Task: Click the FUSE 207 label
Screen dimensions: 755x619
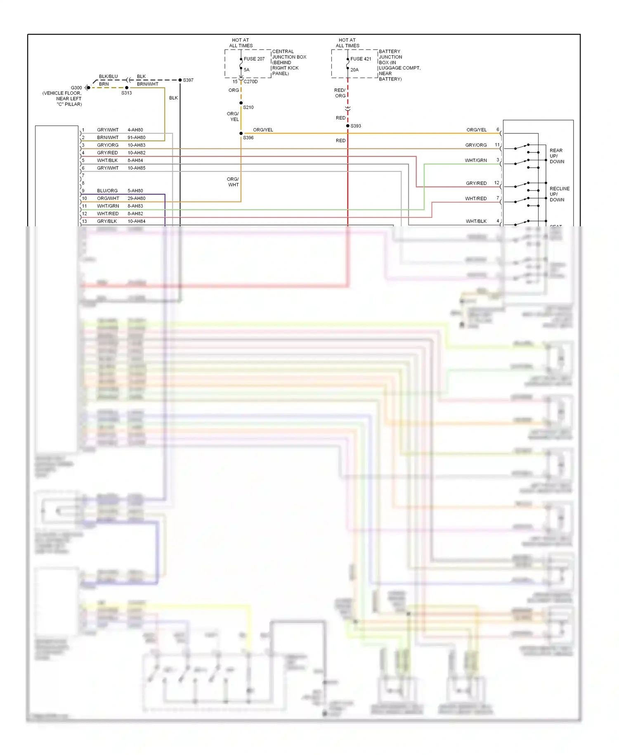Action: (254, 59)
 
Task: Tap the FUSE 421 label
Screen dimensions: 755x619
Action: (361, 59)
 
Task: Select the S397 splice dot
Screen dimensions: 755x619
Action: (180, 80)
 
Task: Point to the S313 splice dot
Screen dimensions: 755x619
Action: (127, 88)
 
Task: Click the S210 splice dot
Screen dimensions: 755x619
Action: (241, 103)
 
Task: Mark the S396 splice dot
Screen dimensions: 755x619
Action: (241, 133)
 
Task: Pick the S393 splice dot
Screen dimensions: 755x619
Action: (348, 126)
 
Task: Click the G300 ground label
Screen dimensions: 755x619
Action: (76, 88)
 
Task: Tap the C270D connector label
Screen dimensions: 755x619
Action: (250, 82)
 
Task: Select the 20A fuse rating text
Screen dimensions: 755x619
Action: (354, 70)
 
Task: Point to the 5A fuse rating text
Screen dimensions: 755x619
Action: (246, 70)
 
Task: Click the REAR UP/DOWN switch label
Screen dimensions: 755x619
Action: (557, 156)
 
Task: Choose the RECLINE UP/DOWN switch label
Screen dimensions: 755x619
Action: (559, 194)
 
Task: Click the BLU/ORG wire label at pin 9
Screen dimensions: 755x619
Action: (107, 191)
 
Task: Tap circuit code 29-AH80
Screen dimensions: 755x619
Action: (136, 198)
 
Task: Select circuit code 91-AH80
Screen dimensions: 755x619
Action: (136, 138)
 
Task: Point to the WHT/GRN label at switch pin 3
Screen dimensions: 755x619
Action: (476, 160)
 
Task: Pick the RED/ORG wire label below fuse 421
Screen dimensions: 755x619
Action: (340, 93)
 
